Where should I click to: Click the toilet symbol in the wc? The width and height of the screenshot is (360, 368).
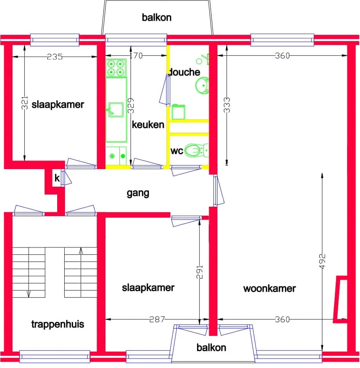(197, 150)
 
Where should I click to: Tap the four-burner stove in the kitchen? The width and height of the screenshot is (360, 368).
(116, 68)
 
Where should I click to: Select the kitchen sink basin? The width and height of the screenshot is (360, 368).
(116, 110)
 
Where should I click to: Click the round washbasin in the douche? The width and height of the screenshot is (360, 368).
(202, 85)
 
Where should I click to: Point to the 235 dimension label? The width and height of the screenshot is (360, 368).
(55, 57)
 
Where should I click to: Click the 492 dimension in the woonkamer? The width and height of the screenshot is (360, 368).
(322, 261)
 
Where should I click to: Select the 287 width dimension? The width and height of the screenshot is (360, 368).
(157, 319)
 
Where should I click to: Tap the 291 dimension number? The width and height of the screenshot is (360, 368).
(199, 272)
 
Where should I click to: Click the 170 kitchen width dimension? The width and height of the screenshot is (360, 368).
(136, 56)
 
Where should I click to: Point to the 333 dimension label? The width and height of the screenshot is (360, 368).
(227, 105)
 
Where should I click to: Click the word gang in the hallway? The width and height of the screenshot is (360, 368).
(138, 193)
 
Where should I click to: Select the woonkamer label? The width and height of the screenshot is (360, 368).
(270, 289)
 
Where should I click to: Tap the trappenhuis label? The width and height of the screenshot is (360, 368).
(58, 324)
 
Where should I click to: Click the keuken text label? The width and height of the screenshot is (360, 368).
(148, 124)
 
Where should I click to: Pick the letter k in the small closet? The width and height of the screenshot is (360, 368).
(57, 178)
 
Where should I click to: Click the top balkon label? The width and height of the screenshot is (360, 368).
(157, 17)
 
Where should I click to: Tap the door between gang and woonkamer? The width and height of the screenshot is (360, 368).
(219, 191)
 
